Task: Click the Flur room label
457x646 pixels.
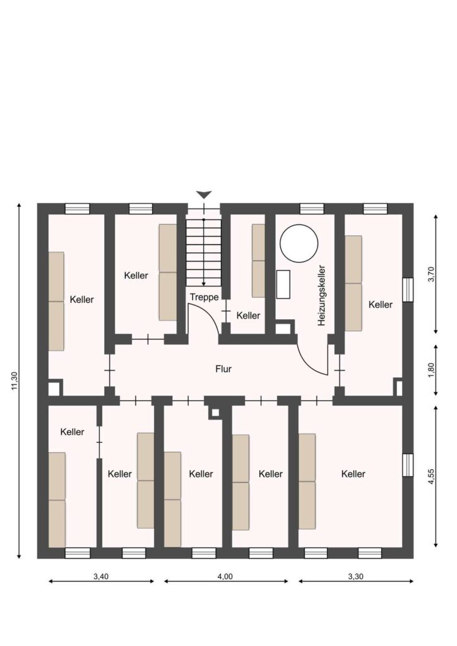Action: coord(223,368)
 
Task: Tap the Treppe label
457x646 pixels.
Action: coord(204,297)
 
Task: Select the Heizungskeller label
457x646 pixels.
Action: coord(322,295)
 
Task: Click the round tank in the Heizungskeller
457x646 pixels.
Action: coord(299,243)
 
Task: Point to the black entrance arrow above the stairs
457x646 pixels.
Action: coord(204,195)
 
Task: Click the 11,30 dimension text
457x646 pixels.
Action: coord(15,380)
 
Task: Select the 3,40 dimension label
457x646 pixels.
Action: coord(101,577)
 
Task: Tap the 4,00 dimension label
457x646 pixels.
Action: coord(225,577)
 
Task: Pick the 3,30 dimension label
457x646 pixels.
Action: coord(355,577)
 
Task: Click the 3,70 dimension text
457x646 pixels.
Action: coord(432,274)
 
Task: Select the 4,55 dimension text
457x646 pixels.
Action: coord(432,476)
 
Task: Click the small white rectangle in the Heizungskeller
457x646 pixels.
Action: coord(283,285)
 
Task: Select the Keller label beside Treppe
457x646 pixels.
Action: coord(248,315)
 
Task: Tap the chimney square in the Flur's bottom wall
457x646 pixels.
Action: coord(215,412)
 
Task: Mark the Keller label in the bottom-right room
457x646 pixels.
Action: coord(353,474)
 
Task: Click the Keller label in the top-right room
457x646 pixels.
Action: coord(381,305)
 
